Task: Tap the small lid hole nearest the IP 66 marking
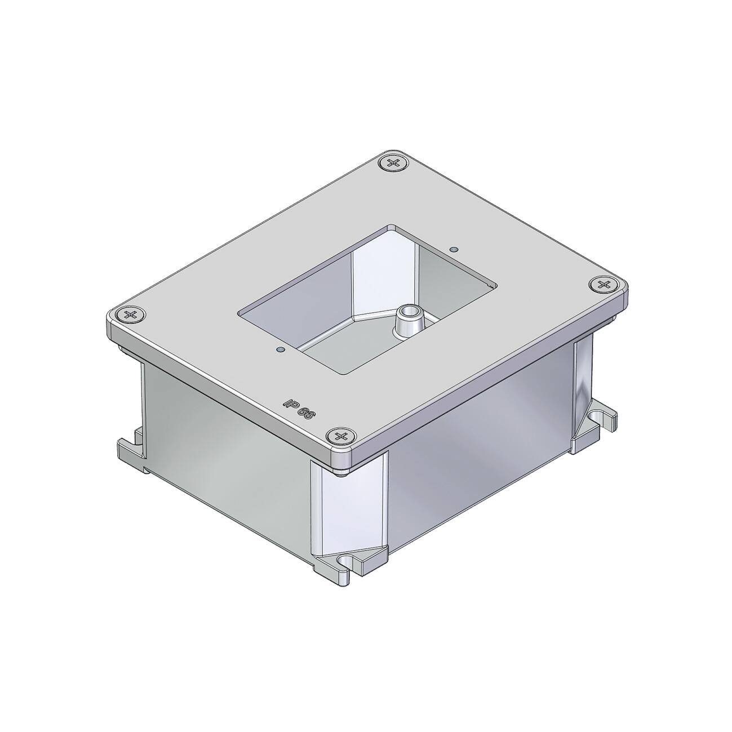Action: coord(280,349)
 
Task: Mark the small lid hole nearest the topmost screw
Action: coord(453,250)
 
